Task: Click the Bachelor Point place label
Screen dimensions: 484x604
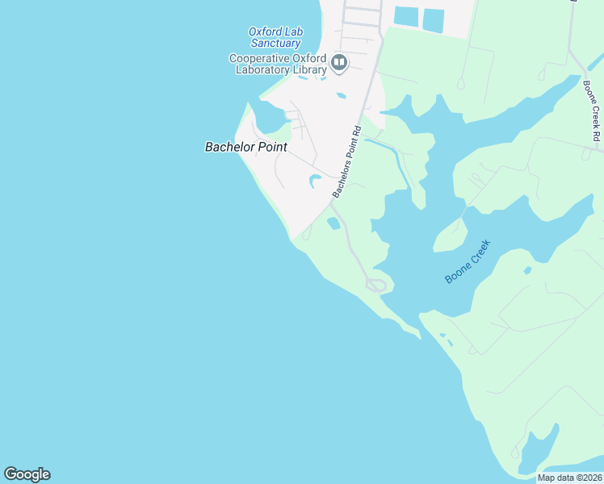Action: (245, 147)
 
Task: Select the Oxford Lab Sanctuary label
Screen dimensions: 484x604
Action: (275, 37)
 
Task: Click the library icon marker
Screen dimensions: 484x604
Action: (340, 63)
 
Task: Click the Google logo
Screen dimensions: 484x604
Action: (27, 474)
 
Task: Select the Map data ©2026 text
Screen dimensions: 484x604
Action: (568, 478)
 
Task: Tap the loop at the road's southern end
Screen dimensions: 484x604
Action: (376, 284)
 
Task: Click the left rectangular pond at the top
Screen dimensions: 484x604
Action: (406, 16)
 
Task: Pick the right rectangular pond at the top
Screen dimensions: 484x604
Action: (434, 20)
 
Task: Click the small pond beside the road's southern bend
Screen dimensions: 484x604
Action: (333, 223)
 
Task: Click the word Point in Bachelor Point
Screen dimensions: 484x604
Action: (271, 147)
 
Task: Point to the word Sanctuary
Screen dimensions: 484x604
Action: (275, 43)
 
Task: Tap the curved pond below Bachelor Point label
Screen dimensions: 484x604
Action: (313, 181)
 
